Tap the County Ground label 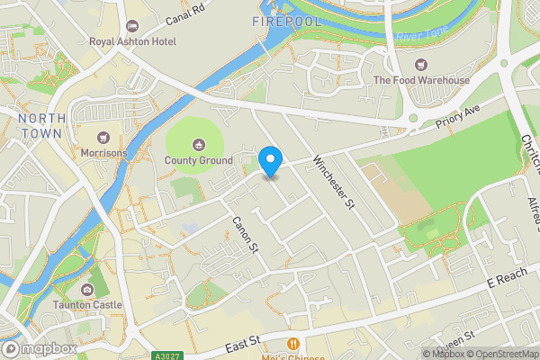click(x=198, y=161)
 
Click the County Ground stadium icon click(x=198, y=144)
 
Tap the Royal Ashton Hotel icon click(x=132, y=24)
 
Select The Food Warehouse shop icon click(x=421, y=64)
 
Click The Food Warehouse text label click(x=422, y=80)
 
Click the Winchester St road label click(x=333, y=184)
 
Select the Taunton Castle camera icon click(x=87, y=289)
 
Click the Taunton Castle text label click(x=87, y=305)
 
